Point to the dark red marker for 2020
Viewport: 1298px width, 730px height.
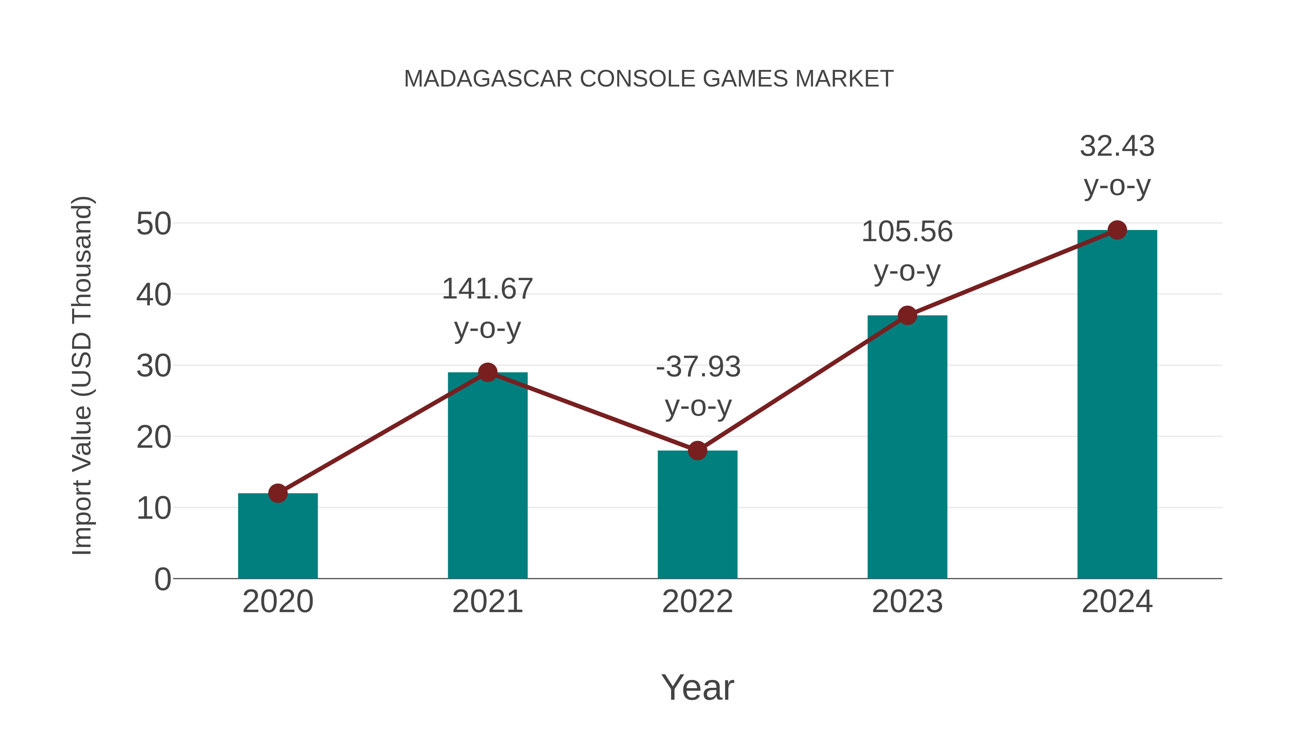[278, 493]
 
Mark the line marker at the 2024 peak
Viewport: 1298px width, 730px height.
[1117, 230]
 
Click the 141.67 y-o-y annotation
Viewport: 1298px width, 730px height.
[487, 308]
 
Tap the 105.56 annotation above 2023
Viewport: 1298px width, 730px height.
[907, 251]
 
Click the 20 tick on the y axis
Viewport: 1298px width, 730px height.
[154, 437]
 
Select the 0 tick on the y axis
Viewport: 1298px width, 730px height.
[162, 579]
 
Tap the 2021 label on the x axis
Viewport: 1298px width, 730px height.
[487, 602]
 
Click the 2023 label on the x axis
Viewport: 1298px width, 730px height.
[907, 602]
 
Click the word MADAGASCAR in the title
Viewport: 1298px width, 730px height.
[488, 79]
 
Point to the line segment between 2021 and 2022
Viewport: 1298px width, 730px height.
[592, 412]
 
